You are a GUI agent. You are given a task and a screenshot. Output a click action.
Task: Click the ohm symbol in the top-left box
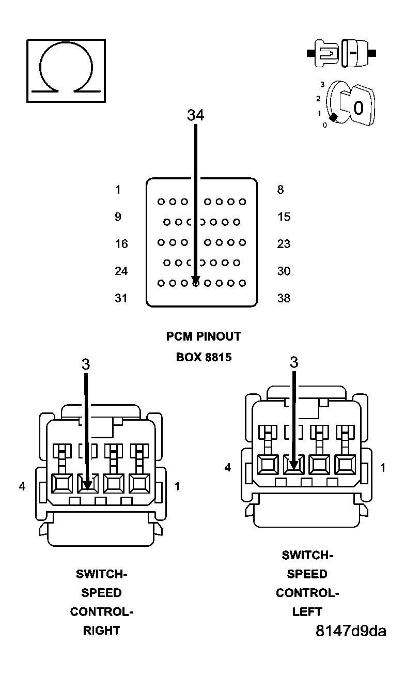click(x=66, y=70)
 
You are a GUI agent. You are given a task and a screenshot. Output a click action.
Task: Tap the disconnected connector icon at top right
click(x=341, y=53)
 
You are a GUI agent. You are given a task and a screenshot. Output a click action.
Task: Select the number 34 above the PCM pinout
click(x=195, y=115)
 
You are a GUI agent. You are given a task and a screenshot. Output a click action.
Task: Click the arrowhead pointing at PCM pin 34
click(x=196, y=280)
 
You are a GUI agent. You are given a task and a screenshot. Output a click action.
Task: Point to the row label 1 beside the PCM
click(x=118, y=190)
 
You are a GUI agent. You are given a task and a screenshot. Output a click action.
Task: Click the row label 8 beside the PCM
click(x=281, y=190)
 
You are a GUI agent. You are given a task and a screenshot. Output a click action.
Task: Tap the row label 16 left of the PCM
click(x=121, y=244)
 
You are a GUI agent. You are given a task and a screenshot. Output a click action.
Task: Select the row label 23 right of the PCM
click(x=284, y=244)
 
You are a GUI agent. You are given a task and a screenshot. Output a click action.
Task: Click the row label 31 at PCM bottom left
click(x=121, y=298)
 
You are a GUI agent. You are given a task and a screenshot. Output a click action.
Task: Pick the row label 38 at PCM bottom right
click(x=284, y=298)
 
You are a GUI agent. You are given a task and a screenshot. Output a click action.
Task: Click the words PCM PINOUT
click(x=204, y=336)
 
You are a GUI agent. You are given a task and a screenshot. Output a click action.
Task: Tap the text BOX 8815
click(x=204, y=357)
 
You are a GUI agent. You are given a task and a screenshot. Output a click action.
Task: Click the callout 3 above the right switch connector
click(x=86, y=364)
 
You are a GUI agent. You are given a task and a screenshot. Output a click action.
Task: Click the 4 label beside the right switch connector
click(x=22, y=486)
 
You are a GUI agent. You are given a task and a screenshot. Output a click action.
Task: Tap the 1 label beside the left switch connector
click(x=383, y=468)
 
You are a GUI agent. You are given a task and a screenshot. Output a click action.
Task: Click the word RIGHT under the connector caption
click(x=102, y=631)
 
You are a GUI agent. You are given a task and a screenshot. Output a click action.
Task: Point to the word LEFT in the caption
click(x=307, y=612)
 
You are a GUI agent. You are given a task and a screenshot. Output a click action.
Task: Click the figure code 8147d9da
click(x=351, y=631)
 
